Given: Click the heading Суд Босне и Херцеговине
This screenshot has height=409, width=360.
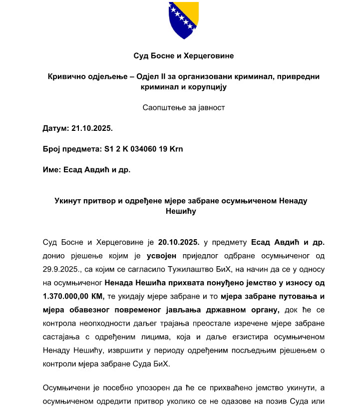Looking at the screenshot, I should (x=184, y=56).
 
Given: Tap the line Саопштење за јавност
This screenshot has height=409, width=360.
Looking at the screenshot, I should (x=184, y=107).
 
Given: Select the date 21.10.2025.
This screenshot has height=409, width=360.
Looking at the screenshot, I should (x=92, y=128).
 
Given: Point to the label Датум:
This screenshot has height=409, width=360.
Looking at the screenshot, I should (x=56, y=128).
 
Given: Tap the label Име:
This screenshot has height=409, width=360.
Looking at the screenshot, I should (x=52, y=170).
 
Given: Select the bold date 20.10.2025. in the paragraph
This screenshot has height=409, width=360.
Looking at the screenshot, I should (x=179, y=243).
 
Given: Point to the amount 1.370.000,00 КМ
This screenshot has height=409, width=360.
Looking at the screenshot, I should (x=73, y=297).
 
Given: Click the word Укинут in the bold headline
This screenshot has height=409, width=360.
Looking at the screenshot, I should (x=68, y=200).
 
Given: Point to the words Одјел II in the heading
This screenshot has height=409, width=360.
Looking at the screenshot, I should (x=150, y=76).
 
